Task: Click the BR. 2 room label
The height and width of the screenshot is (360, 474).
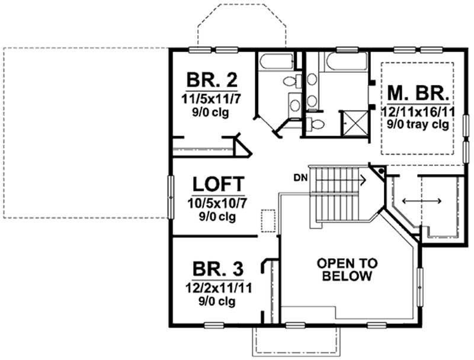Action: [x=212, y=80]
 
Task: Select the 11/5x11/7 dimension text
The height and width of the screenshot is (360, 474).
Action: [x=212, y=99]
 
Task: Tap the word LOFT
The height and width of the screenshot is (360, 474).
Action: [x=218, y=184]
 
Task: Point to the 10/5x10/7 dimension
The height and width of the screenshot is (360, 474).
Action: [x=217, y=203]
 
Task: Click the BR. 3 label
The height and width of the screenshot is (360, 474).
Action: [x=217, y=269]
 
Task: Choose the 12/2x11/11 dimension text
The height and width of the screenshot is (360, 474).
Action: [x=219, y=288]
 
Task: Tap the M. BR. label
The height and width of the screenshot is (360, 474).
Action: [x=418, y=94]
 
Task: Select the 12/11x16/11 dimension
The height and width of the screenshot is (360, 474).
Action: [x=418, y=112]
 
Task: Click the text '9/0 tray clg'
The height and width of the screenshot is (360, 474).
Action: [x=418, y=124]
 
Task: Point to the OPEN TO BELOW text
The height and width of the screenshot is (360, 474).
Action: [x=347, y=269]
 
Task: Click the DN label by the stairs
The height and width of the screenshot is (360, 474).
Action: [x=300, y=178]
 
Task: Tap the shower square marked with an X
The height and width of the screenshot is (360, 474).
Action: [x=355, y=124]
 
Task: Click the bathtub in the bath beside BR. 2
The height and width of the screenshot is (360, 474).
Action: [x=277, y=62]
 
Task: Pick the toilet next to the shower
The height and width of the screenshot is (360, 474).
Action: [x=315, y=124]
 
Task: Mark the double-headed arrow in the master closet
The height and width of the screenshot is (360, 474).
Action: [x=422, y=201]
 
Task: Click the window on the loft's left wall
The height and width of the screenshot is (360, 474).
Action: [x=171, y=197]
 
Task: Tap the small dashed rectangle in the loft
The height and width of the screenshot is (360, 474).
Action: [x=268, y=221]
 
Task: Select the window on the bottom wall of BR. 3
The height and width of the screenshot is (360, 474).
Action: [x=214, y=325]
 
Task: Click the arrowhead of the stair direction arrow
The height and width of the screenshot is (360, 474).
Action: [x=364, y=181]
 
